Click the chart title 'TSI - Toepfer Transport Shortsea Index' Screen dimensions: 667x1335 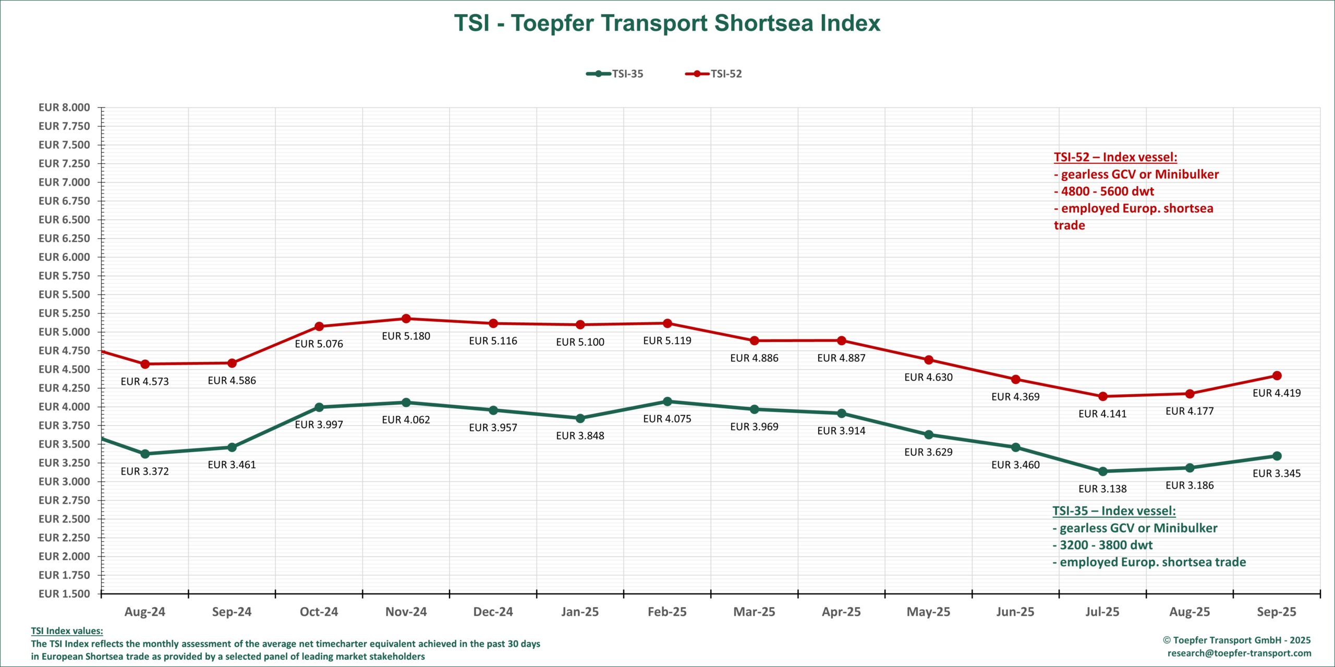(667, 23)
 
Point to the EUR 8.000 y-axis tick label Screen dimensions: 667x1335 (64, 107)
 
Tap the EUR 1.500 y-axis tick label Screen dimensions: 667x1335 (64, 593)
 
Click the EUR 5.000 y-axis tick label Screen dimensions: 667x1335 (64, 332)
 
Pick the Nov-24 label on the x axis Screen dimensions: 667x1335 (406, 612)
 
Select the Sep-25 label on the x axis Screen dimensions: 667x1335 (1276, 612)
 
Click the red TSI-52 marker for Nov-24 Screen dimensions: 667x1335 (406, 319)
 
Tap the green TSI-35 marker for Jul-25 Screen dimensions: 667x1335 (1103, 471)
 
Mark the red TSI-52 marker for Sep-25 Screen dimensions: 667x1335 (1277, 375)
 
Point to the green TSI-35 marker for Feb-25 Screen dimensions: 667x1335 (667, 402)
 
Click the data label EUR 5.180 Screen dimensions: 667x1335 (406, 336)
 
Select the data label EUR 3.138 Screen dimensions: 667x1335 (1102, 489)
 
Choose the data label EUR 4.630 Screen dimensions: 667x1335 (928, 378)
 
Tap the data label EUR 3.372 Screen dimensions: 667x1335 (144, 471)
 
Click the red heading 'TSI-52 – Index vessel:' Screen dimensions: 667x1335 (1115, 157)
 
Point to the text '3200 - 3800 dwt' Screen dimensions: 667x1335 (1106, 545)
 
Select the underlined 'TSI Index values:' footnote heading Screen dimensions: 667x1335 (67, 631)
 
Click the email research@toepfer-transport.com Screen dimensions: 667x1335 (1239, 653)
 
